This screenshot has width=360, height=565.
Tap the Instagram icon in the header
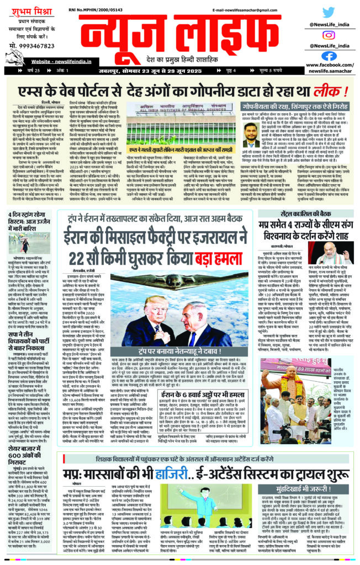click(329, 34)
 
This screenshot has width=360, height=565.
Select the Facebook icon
click(329, 55)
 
